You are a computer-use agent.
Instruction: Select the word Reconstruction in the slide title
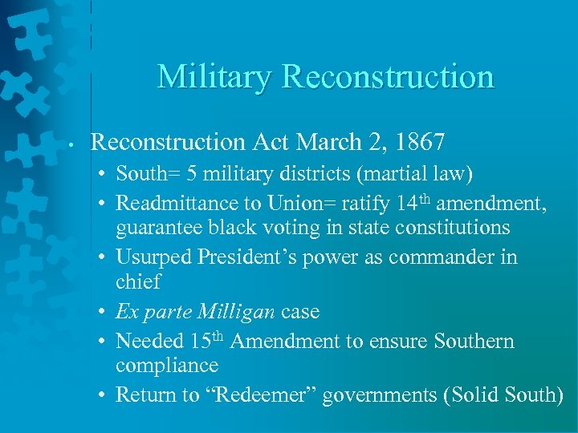coord(389,77)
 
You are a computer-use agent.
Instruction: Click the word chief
coord(138,281)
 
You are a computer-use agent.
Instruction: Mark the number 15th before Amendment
coord(208,340)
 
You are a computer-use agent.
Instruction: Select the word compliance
coord(166,365)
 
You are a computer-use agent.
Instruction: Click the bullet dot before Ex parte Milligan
coord(105,312)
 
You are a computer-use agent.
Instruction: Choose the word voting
coord(287,228)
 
